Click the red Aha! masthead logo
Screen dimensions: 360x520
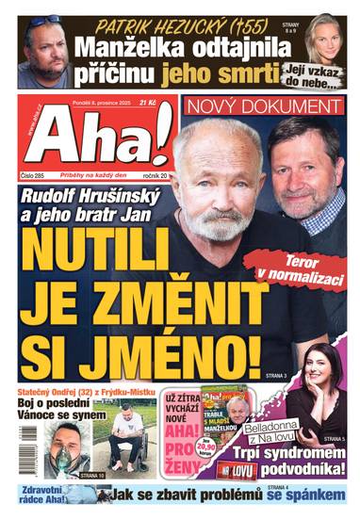pos(94,137)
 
